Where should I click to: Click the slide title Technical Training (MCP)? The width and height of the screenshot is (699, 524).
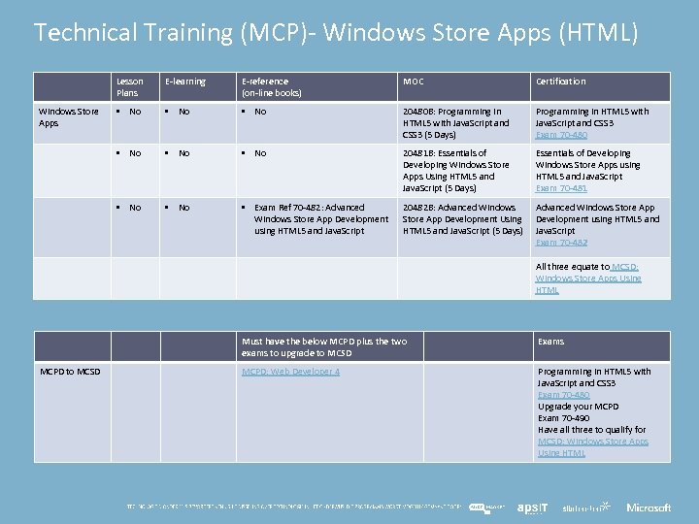coord(336,33)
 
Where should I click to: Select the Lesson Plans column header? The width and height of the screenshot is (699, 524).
coord(129,87)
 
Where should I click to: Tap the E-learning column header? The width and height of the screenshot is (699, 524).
coord(185,82)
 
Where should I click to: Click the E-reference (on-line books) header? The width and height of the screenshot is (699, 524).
coord(272,87)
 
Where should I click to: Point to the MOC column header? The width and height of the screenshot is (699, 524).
coord(414,82)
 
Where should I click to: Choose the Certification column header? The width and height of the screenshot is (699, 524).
coord(560,82)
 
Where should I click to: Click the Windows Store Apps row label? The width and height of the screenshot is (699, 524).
coord(68,117)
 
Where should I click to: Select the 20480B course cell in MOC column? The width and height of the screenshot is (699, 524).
coord(456,123)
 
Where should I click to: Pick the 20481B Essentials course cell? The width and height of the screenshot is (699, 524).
coord(456,171)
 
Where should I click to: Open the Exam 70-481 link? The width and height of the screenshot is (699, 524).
coord(560,188)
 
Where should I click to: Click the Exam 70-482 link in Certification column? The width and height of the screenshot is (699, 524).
coord(560,243)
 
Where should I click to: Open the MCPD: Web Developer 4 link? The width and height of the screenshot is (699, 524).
coord(290,372)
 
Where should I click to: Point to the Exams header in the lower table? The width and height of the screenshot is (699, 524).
coord(551,343)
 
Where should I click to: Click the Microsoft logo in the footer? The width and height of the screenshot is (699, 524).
coord(649,508)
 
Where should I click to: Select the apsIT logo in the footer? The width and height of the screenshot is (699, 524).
coord(532,508)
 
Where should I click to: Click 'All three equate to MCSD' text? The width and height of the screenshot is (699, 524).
coord(587,278)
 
